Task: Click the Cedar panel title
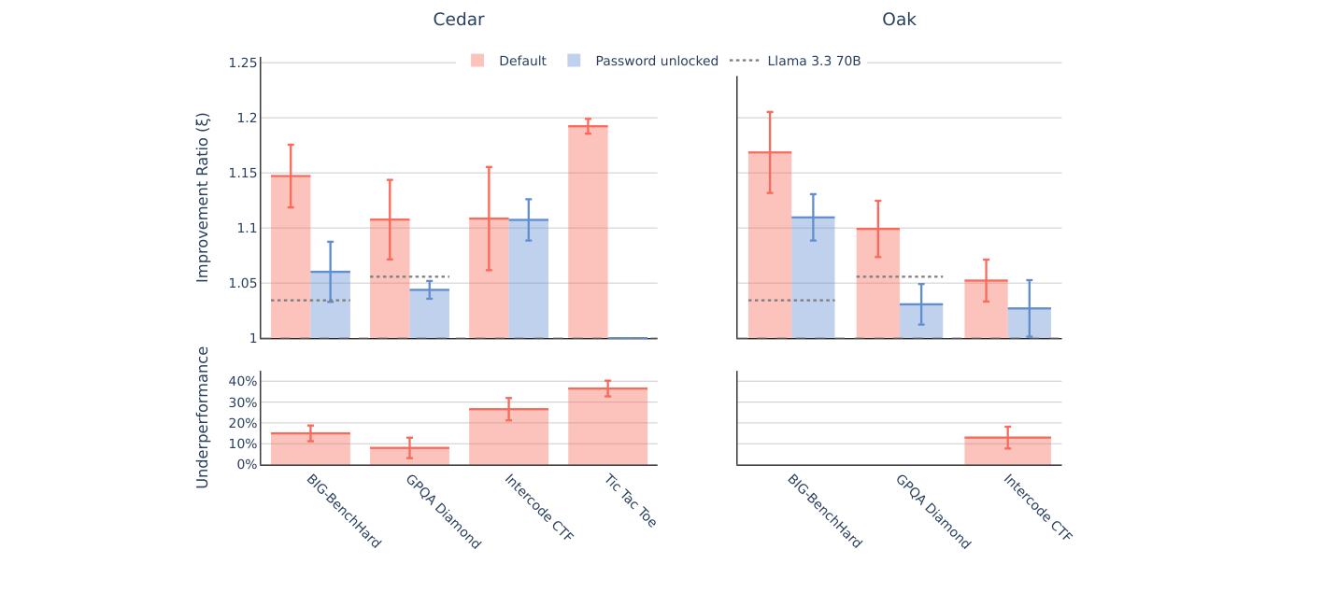(458, 20)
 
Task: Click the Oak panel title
(899, 20)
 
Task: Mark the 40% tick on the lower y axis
(242, 381)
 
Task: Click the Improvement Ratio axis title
(203, 197)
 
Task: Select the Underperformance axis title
(203, 416)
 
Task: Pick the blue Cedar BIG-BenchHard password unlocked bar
(331, 304)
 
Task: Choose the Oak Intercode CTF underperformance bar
(1007, 451)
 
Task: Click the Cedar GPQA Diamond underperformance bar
(409, 456)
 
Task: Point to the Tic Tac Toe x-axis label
(631, 500)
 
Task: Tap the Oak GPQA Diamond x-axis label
(932, 511)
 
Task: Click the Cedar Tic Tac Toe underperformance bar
(607, 426)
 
